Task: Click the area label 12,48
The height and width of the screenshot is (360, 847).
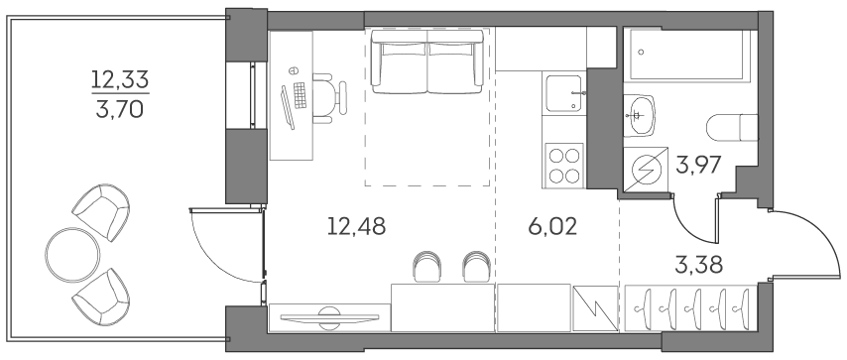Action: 355,227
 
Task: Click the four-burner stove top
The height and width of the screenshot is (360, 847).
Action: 564,164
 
